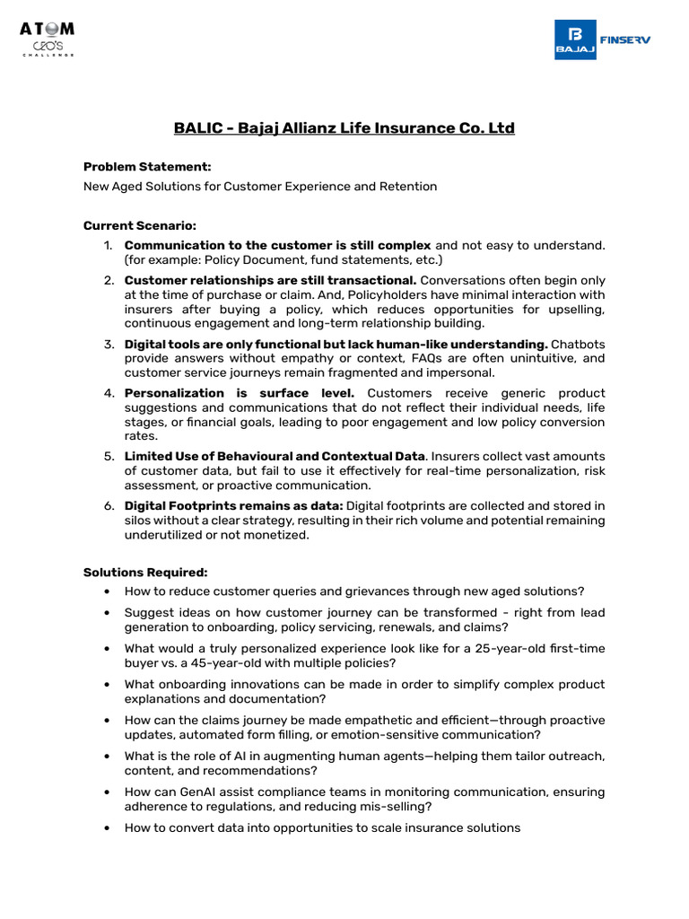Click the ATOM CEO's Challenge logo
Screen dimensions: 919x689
tap(48, 39)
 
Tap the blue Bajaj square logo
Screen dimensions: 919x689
tap(574, 39)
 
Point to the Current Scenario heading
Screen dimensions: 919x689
tap(139, 225)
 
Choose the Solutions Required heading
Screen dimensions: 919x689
tap(145, 572)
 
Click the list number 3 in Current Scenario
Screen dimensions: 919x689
tap(109, 345)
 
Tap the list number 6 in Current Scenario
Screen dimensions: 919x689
tap(109, 506)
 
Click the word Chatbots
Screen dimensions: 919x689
tap(579, 345)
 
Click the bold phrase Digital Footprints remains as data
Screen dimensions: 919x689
tap(233, 506)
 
